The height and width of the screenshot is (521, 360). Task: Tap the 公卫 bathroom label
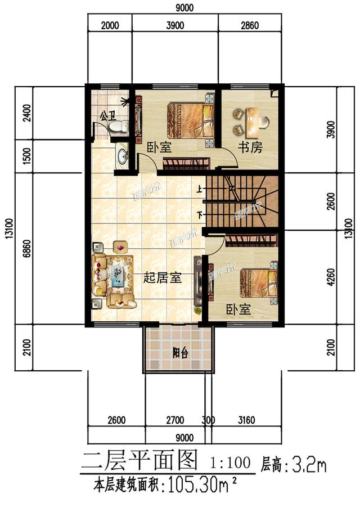coord(106,116)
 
